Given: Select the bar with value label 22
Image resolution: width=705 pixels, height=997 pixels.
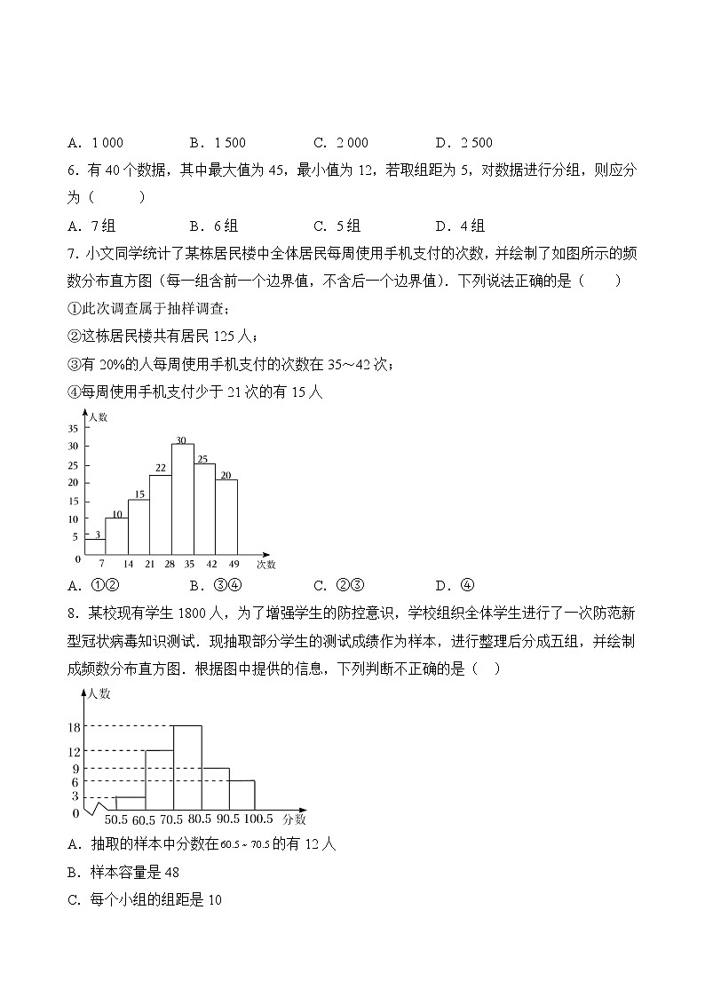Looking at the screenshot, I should coord(160,515).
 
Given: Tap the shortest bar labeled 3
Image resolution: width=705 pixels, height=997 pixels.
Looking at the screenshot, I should coord(95,546).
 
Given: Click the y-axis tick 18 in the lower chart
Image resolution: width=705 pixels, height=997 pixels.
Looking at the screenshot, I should coord(75,727).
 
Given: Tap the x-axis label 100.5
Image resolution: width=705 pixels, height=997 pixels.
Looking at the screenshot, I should coord(257,819).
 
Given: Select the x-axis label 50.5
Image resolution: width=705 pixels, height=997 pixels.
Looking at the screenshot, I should coord(116,819).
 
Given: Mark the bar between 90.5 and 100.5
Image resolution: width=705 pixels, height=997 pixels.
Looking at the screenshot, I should coord(242,793).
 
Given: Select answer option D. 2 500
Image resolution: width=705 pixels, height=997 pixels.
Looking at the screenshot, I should coord(464,143).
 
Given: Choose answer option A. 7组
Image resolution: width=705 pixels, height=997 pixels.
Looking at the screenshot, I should coord(91,226).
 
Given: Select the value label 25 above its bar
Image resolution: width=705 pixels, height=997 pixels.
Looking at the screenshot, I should coord(203,459).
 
